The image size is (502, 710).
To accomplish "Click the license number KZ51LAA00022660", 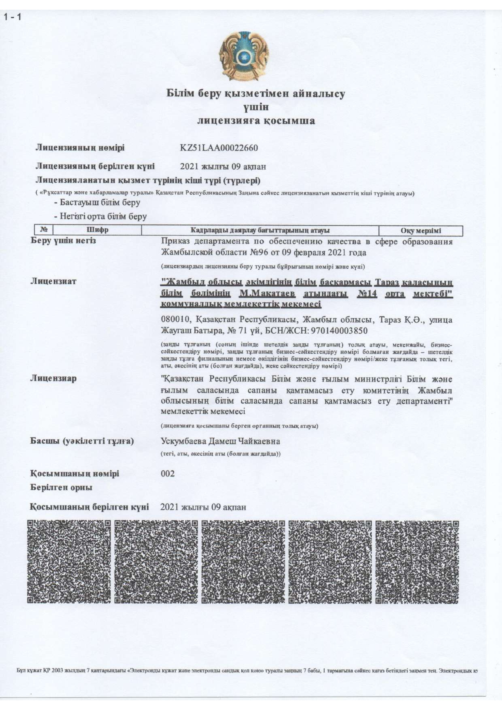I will [219, 148].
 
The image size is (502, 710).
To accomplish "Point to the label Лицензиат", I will [53, 281].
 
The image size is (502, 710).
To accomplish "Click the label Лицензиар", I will [53, 378].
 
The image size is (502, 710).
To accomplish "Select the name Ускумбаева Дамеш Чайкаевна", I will [220, 441].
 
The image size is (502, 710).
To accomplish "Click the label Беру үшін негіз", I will [63, 241].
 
